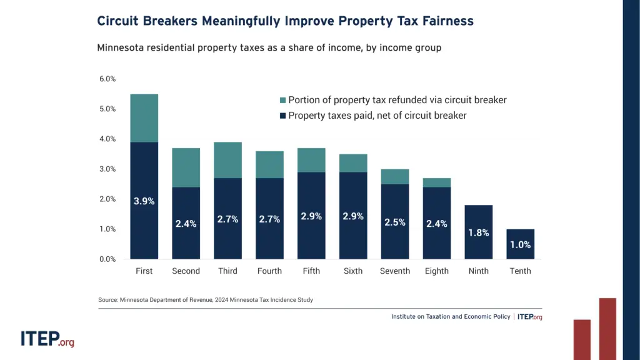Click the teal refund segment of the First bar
tap(144, 118)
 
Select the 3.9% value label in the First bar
tap(144, 201)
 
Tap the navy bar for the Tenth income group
tap(520, 244)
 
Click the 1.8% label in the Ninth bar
tap(478, 232)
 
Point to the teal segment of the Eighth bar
tap(436, 182)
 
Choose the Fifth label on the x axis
tap(311, 271)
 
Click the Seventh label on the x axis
tap(395, 271)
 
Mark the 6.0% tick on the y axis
tap(107, 79)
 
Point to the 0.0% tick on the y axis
tap(107, 259)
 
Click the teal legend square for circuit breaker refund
tap(282, 100)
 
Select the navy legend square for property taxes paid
tap(282, 116)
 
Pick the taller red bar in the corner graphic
tap(607, 329)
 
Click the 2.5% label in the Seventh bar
tap(395, 222)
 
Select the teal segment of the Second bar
tap(186, 167)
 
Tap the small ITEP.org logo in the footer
tap(529, 317)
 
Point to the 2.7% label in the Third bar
tap(228, 219)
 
